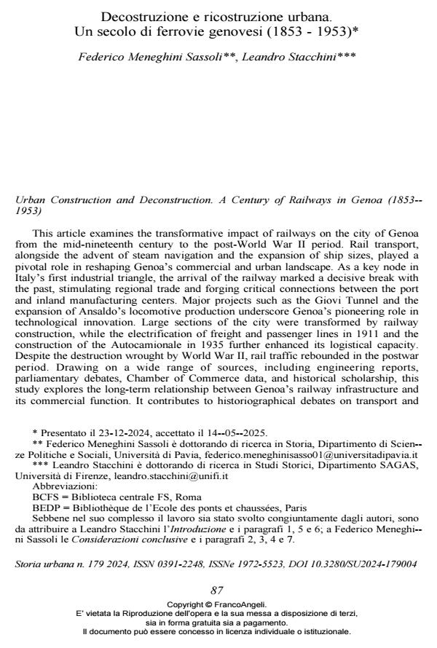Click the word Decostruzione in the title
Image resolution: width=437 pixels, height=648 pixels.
click(138, 15)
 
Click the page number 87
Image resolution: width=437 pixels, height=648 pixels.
click(217, 590)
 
